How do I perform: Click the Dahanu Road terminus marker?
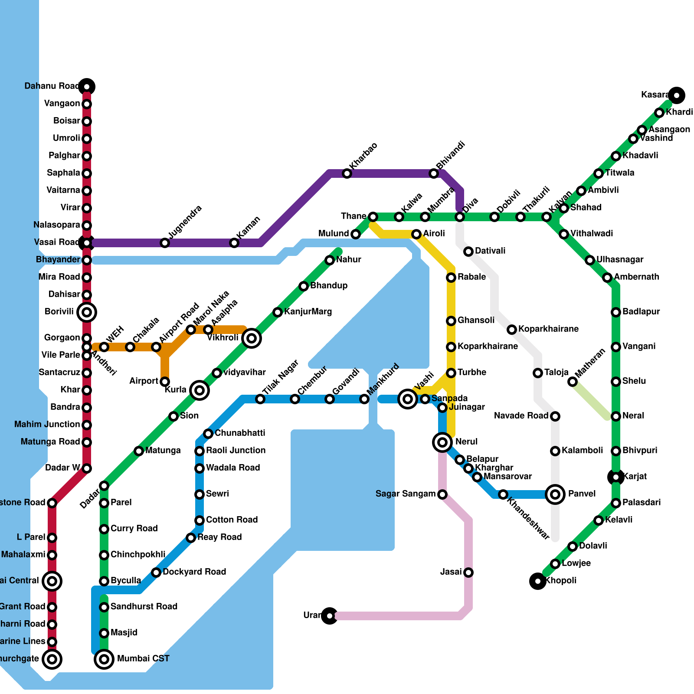[87, 87]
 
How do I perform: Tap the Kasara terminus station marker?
[677, 95]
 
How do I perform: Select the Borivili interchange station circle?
[87, 312]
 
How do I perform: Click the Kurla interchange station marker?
[200, 390]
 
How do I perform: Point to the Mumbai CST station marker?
[104, 659]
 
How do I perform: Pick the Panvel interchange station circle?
[555, 494]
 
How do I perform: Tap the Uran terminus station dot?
[330, 615]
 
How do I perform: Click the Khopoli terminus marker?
[538, 581]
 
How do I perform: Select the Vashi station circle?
[408, 399]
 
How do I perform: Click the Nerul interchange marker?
[442, 442]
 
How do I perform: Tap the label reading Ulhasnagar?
[620, 260]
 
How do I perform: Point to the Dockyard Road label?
[194, 572]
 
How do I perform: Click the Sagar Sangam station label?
[405, 494]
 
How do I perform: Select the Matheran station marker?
[573, 382]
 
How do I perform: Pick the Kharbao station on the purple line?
[347, 173]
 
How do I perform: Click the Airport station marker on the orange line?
[165, 382]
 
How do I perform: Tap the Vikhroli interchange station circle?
[252, 338]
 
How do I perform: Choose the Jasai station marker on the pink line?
[468, 573]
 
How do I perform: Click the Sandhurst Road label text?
[144, 607]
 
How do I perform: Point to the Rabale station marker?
[451, 278]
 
